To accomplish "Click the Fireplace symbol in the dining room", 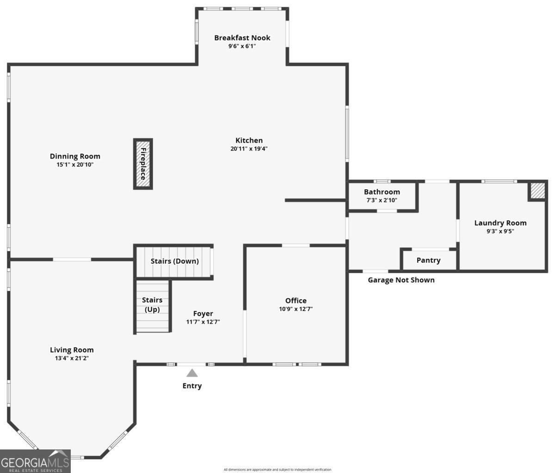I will tap(143, 164).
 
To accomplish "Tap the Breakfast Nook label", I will tap(242, 38).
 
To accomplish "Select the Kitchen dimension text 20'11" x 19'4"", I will tap(249, 149).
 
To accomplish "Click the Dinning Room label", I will tap(75, 156).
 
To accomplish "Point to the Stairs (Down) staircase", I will tap(174, 261).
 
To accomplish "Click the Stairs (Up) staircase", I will tap(152, 305).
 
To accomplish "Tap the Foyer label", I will tap(203, 314).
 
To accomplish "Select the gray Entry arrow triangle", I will tap(192, 373).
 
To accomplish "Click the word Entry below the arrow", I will tap(192, 386).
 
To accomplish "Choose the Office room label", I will tap(296, 301).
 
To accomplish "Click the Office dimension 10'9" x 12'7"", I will tap(296, 309).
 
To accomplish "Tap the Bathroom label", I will tap(382, 192).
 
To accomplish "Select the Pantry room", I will tap(428, 260).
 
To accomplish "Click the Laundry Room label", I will tap(500, 223).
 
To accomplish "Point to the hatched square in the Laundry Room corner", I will tap(537, 191).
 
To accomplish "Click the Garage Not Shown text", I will tap(401, 280).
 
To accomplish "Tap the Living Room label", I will tap(72, 350).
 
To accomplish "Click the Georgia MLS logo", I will tap(35, 461).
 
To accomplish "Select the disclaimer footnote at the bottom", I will tap(277, 470).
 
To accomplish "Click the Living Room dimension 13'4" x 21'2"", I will tap(72, 358).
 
